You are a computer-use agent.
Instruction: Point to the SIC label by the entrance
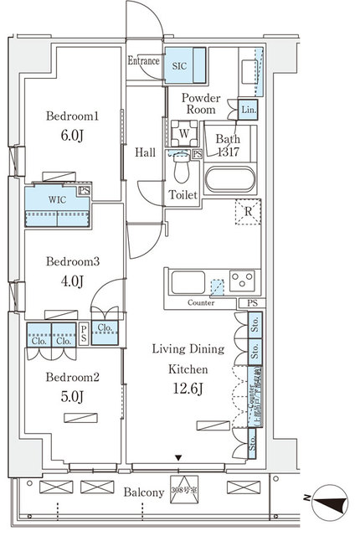[x=179, y=64]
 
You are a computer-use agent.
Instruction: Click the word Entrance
[x=144, y=60]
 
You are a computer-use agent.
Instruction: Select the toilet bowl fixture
[x=181, y=171]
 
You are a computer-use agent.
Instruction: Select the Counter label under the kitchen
[x=201, y=303]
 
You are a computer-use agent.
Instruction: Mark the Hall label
[x=143, y=152]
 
